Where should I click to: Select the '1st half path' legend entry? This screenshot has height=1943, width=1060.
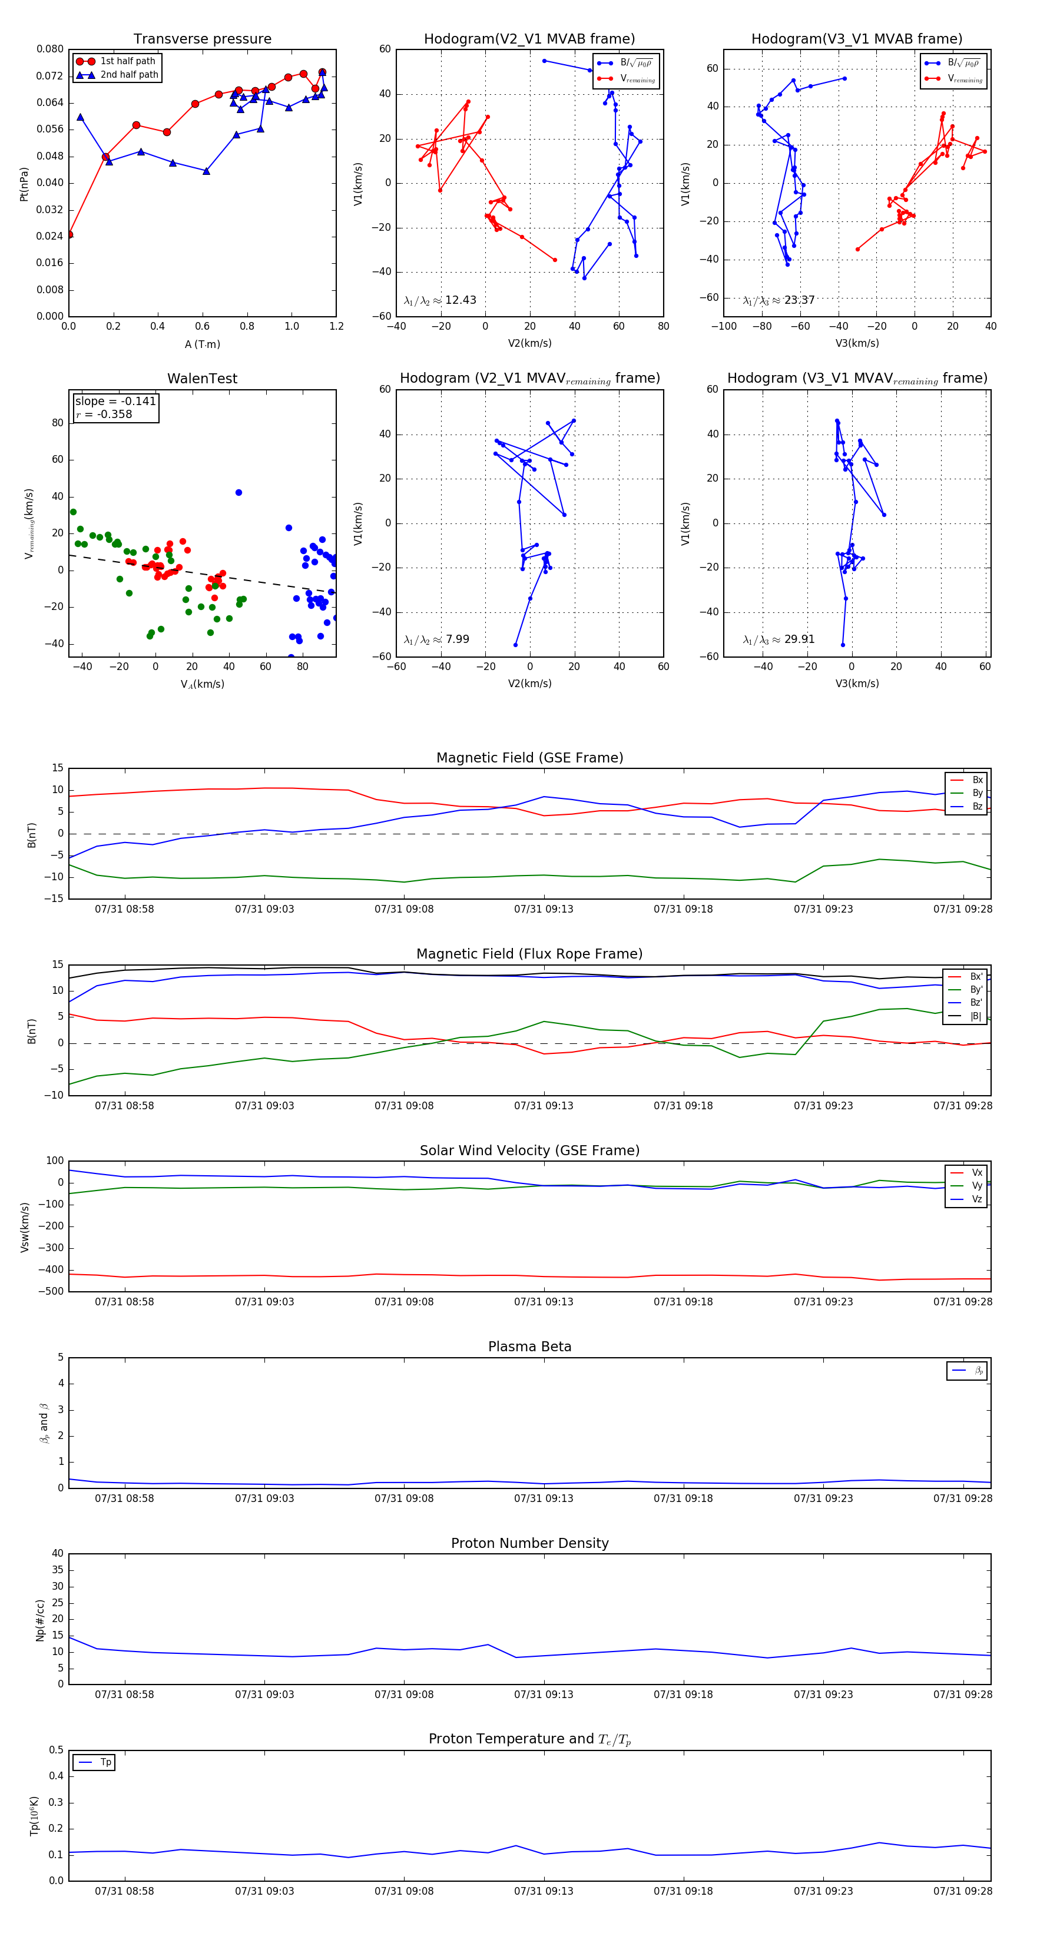coord(127,61)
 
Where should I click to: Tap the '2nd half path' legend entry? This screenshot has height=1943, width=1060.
coord(129,75)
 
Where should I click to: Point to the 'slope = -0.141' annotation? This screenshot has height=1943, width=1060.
coord(115,402)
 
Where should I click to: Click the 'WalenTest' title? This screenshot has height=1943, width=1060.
coord(202,379)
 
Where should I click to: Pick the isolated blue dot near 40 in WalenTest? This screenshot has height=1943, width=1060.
coord(238,493)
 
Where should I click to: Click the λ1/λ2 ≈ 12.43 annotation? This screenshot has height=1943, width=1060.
coord(440,300)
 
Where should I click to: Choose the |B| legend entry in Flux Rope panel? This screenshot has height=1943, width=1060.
coord(975,1016)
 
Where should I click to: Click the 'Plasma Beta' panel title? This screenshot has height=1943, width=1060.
coord(529,1347)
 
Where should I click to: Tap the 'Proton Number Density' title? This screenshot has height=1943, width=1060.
coord(529,1543)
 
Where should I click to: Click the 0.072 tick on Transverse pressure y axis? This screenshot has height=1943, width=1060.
coord(50,76)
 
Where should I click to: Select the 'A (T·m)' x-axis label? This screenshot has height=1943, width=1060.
coord(202,344)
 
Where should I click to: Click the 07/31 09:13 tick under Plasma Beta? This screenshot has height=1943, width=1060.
coord(543,1498)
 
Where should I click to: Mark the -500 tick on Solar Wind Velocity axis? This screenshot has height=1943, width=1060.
coord(50,1291)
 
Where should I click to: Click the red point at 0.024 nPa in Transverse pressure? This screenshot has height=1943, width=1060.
coord(69,234)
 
